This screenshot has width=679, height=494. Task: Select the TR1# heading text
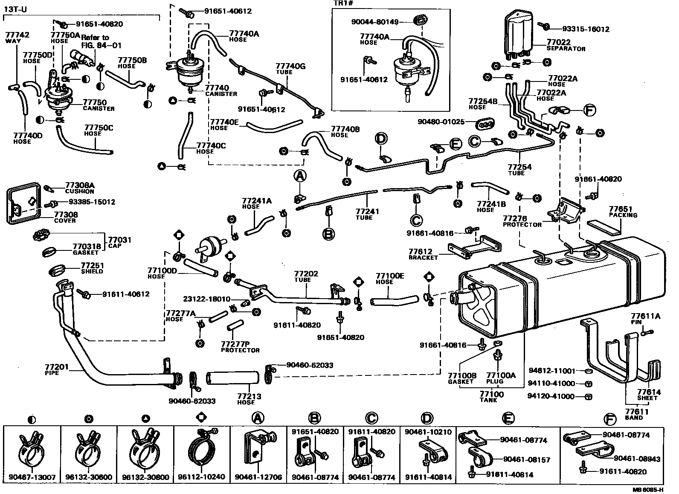point(343,4)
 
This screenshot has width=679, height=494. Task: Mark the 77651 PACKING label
point(623,212)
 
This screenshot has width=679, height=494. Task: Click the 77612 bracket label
point(423,254)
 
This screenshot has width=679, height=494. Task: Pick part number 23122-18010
point(207,299)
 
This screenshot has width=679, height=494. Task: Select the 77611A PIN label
point(646,319)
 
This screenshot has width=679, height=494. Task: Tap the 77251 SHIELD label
point(92,268)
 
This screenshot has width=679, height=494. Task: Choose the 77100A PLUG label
point(501,378)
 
